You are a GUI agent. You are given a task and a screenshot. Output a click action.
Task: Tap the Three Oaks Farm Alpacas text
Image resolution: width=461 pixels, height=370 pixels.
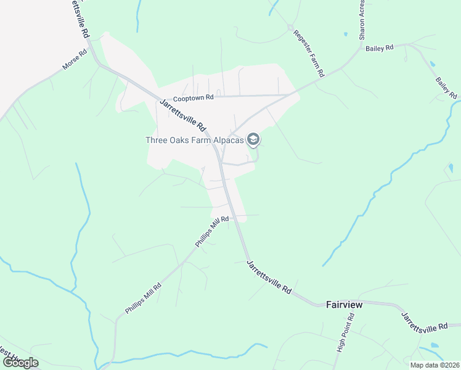pyautogui.click(x=194, y=140)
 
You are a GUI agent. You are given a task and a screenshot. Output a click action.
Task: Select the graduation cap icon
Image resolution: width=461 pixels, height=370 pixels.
pyautogui.click(x=253, y=140)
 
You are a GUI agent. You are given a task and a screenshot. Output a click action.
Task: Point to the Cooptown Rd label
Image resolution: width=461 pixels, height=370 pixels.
pyautogui.click(x=193, y=98)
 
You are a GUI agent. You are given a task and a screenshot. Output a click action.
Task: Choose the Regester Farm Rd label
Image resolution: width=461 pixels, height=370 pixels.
pyautogui.click(x=308, y=53)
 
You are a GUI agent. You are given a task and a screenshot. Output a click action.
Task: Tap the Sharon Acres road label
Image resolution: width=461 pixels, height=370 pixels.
pyautogui.click(x=362, y=18)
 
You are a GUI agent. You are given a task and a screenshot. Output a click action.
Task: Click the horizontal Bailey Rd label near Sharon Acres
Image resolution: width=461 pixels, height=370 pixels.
pyautogui.click(x=379, y=48)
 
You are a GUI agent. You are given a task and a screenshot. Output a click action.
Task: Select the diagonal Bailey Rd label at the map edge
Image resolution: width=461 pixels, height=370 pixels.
pyautogui.click(x=446, y=88)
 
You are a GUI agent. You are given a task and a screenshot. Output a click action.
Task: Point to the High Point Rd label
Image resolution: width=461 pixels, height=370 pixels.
pyautogui.click(x=345, y=333)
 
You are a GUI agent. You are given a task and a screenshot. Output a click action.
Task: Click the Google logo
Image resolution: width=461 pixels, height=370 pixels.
pyautogui.click(x=20, y=362)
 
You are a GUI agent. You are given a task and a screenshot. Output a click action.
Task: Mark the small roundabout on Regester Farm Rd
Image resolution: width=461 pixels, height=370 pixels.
pyautogui.click(x=289, y=27)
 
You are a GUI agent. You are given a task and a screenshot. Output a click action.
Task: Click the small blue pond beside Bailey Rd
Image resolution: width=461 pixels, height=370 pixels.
pyautogui.click(x=432, y=64)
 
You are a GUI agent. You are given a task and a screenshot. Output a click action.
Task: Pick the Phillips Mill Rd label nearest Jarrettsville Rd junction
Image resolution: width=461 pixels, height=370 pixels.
pyautogui.click(x=212, y=232)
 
